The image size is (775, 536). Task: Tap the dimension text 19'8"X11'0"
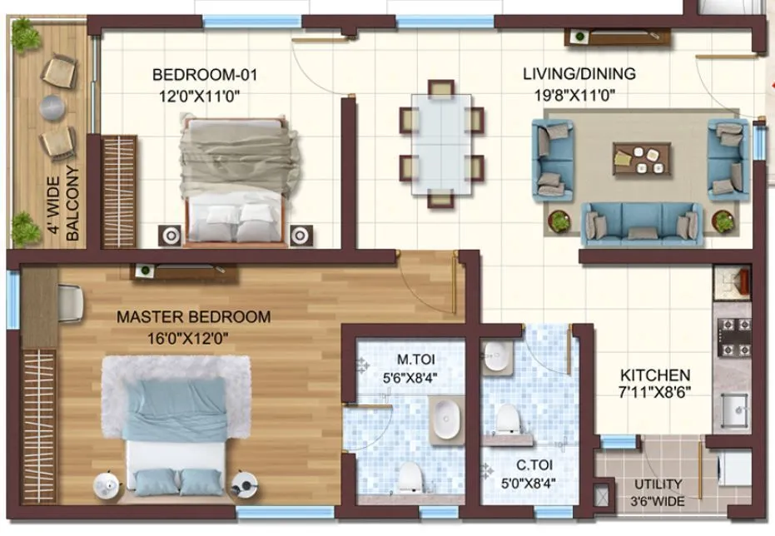tap(574, 94)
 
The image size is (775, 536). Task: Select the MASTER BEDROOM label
tap(193, 317)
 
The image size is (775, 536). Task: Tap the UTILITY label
tap(658, 484)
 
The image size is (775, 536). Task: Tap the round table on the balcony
tap(52, 106)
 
